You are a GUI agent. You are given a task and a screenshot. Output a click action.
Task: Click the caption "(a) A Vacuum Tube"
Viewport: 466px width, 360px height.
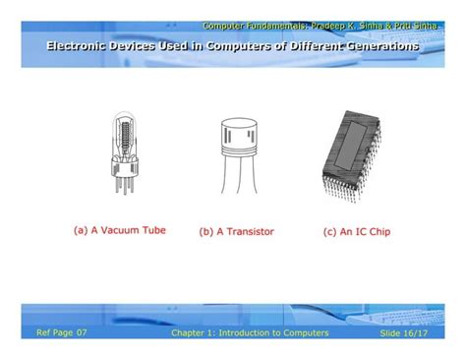pyautogui.click(x=120, y=230)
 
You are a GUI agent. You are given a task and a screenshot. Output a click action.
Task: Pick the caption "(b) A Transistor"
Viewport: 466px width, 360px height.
pyautogui.click(x=236, y=232)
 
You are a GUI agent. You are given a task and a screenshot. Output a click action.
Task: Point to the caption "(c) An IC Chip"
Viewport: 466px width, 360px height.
pyautogui.click(x=355, y=232)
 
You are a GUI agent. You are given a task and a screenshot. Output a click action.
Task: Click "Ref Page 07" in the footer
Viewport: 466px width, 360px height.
pyautogui.click(x=62, y=333)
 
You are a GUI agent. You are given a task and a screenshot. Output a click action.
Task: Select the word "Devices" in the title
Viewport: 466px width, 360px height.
pyautogui.click(x=150, y=47)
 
